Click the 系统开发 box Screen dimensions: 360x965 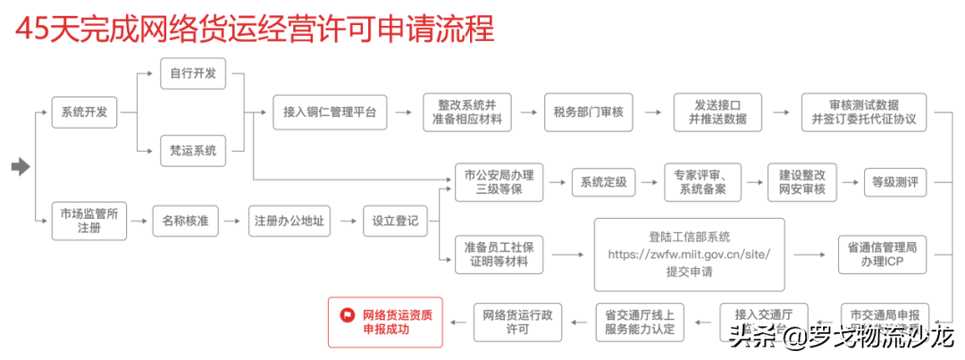(x=84, y=112)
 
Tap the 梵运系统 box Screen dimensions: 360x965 (x=193, y=150)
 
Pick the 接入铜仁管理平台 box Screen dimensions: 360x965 (x=330, y=112)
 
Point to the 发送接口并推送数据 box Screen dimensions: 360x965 (x=717, y=112)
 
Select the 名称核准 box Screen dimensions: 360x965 (x=186, y=220)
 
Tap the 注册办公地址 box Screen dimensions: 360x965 (x=289, y=220)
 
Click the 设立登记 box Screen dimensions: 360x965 (x=395, y=220)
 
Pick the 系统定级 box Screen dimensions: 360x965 (x=603, y=183)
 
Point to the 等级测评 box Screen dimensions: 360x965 (x=894, y=183)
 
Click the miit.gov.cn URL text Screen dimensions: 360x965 (x=689, y=255)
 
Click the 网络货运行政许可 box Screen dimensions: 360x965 (x=517, y=322)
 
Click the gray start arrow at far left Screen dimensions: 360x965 (x=21, y=167)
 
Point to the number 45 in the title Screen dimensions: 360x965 (x=34, y=29)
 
